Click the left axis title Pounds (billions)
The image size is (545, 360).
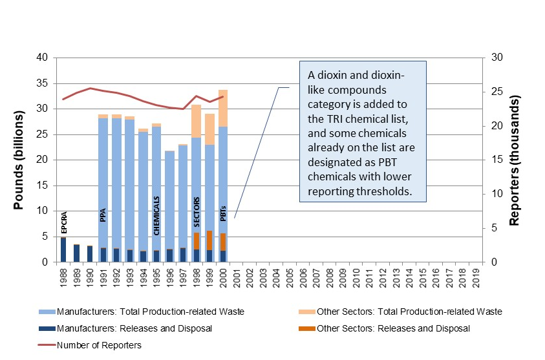click(20, 160)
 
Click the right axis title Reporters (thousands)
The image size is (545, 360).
click(515, 160)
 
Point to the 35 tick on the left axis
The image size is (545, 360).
click(42, 83)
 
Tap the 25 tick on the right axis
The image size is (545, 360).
click(497, 92)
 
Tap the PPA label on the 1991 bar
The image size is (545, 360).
click(103, 215)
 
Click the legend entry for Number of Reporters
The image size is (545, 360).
click(98, 345)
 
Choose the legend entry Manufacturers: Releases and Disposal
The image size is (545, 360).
click(134, 328)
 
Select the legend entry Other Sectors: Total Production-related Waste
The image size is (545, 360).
click(409, 312)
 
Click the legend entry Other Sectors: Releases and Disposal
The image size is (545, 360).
click(392, 328)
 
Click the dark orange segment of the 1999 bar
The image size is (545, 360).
click(209, 240)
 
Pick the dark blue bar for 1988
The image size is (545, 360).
click(63, 250)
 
